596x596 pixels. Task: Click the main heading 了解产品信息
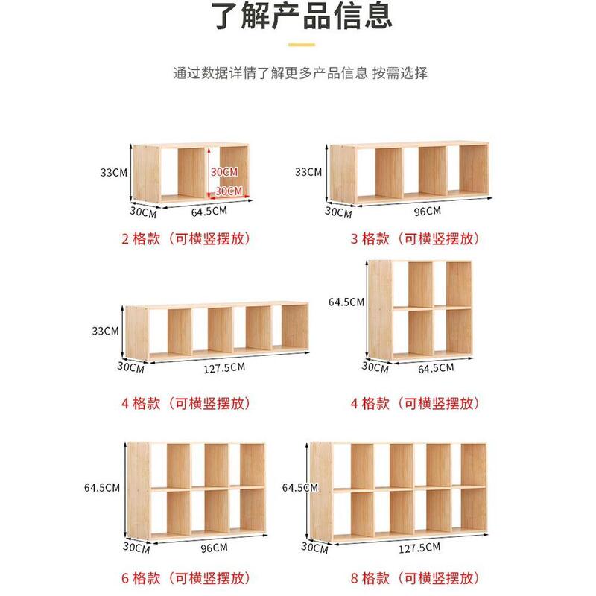(x=298, y=16)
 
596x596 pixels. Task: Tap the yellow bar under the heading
(x=298, y=45)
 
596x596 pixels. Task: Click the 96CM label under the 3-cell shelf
(x=428, y=211)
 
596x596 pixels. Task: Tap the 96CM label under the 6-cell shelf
(x=214, y=548)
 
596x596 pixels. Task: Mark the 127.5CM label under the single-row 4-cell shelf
(x=223, y=367)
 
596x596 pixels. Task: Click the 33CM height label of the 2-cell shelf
(x=113, y=172)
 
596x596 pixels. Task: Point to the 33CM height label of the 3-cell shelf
(x=308, y=172)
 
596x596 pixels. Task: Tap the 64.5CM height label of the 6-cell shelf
(x=102, y=488)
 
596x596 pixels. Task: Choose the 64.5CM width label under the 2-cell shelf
(x=209, y=211)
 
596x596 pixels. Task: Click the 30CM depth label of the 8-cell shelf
(x=314, y=548)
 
